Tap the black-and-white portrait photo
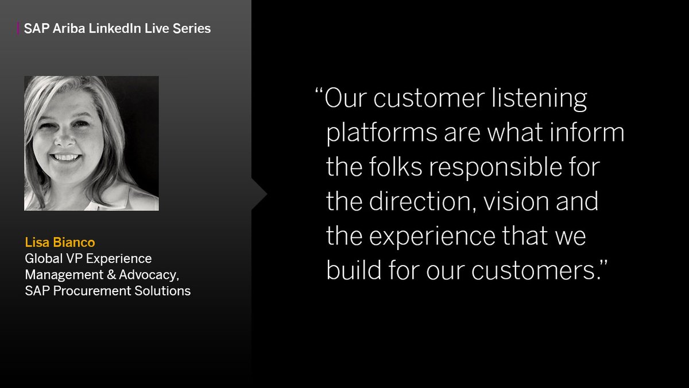coord(91,143)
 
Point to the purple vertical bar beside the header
coord(18,28)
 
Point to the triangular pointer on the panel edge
coord(259,194)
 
